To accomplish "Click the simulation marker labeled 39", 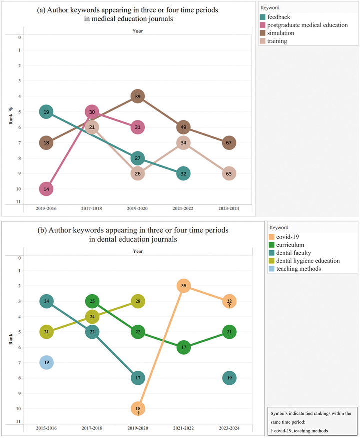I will pyautogui.click(x=138, y=97).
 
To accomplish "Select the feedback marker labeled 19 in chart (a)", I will pyautogui.click(x=46, y=112).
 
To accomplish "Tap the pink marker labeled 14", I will pyautogui.click(x=46, y=189).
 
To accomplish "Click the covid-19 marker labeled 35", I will pyautogui.click(x=184, y=286).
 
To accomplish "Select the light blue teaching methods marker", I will pyautogui.click(x=46, y=362).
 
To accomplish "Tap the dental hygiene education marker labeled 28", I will pyautogui.click(x=138, y=301).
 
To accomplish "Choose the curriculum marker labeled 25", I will pyautogui.click(x=92, y=301).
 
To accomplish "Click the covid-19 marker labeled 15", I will pyautogui.click(x=138, y=409).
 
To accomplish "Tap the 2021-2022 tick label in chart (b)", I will pyautogui.click(x=184, y=428).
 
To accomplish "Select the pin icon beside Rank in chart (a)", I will pyautogui.click(x=11, y=108).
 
